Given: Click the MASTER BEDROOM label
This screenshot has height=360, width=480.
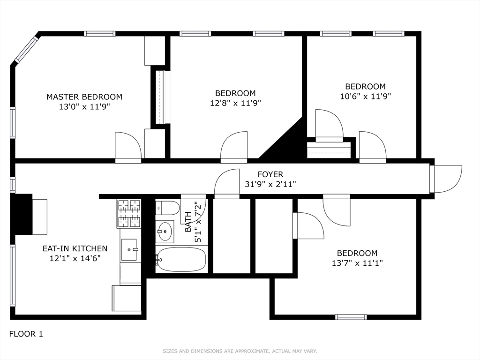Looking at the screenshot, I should (x=84, y=97).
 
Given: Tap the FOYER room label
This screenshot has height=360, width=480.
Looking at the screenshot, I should (x=270, y=175).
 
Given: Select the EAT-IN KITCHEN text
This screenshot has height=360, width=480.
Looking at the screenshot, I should (x=75, y=248).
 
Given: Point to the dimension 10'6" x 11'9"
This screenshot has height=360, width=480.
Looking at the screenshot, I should (x=365, y=96).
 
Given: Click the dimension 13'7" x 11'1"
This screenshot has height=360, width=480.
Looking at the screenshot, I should (x=357, y=263).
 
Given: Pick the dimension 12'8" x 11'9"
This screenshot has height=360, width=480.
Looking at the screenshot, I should (x=235, y=103).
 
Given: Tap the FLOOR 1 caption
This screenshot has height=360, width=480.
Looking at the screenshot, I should (x=26, y=334).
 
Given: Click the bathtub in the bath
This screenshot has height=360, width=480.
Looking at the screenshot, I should (x=181, y=259).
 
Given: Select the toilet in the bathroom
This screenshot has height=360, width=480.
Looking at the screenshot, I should (x=167, y=208).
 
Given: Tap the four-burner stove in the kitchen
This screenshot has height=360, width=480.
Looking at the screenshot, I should (x=129, y=213).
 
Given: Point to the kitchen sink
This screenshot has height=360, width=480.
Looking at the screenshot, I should (x=129, y=250).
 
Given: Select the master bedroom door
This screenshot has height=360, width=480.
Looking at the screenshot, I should (x=128, y=146).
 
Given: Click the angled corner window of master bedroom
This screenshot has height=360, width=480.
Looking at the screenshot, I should (x=26, y=49).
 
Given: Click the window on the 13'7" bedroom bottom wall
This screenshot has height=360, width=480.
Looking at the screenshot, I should (x=351, y=317).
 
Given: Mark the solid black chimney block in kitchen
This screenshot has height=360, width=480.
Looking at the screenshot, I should (x=22, y=214).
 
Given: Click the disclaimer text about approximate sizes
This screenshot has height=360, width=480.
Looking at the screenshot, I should (x=240, y=351).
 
